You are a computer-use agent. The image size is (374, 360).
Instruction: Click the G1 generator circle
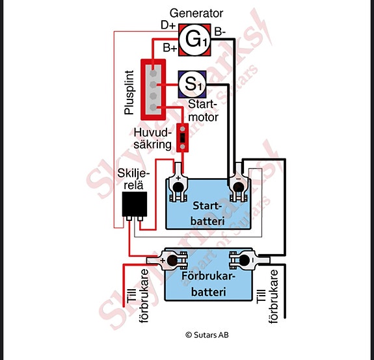point(194,40)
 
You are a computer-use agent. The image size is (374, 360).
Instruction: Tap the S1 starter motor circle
point(193,84)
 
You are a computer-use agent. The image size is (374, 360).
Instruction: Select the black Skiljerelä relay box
point(134,204)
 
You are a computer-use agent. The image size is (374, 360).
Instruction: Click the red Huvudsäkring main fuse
point(183,138)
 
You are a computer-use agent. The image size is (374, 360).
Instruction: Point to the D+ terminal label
point(168,25)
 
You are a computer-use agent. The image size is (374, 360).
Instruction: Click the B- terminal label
point(220,32)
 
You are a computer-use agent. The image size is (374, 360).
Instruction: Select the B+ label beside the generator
point(170,47)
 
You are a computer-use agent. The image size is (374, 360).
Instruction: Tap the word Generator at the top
point(196,14)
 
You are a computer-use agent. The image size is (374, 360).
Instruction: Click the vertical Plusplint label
point(129,92)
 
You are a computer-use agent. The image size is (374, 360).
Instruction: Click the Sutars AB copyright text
point(207,335)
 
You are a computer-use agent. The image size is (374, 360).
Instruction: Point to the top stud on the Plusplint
point(153,72)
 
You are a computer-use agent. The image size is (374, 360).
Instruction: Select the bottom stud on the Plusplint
point(153,107)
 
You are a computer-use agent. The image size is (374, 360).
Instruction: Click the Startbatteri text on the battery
point(207,213)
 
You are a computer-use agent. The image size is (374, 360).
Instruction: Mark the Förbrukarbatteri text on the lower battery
point(209,284)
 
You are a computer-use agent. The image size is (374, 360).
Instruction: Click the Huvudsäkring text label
point(153,138)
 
